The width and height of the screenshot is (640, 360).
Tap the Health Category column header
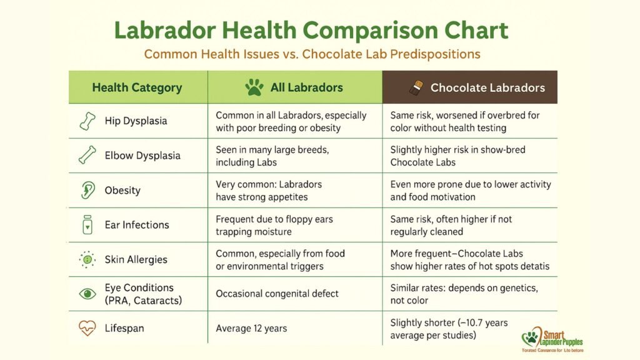137,87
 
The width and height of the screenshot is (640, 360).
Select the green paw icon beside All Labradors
254,87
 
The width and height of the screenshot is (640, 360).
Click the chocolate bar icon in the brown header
412,87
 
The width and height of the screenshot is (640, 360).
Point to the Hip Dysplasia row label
136,121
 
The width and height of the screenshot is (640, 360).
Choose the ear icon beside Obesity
87,190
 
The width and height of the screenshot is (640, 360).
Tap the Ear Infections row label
137,225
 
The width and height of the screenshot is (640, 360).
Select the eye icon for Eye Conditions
87,294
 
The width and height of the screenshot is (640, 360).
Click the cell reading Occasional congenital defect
277,294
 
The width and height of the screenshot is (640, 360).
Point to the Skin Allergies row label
136,259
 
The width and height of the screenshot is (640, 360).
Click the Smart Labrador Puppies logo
550,341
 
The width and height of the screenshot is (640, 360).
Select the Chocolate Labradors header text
487,87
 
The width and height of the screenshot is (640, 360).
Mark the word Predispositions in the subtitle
435,54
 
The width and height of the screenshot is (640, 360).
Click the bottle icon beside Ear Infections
87,225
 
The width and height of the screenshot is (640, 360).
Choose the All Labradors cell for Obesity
269,191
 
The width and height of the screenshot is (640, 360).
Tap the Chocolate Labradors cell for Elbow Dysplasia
457,156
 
